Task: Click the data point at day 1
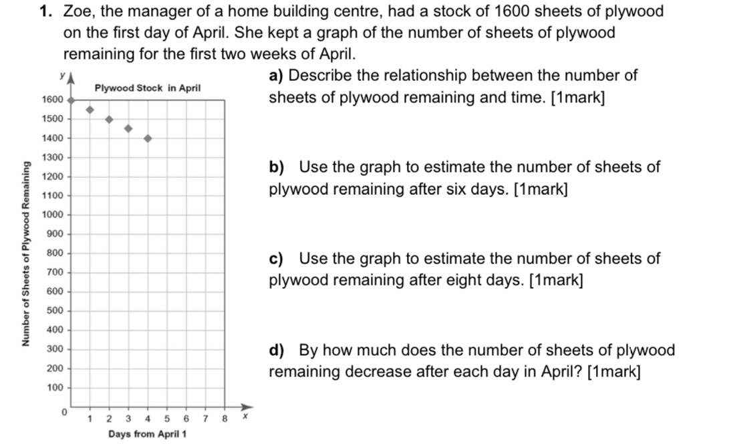[90, 110]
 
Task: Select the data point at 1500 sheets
[109, 120]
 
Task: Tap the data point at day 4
[148, 138]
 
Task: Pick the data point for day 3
[128, 128]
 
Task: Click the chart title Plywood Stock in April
[148, 88]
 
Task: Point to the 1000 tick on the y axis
[52, 215]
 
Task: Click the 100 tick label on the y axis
[53, 388]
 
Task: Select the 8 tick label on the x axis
[225, 419]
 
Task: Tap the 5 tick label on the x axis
[166, 419]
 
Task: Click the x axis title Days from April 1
[148, 434]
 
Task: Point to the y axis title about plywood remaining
[27, 253]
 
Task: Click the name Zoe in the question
[77, 11]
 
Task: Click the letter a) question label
[276, 76]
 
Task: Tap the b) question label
[276, 167]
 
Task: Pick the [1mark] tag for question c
[555, 280]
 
